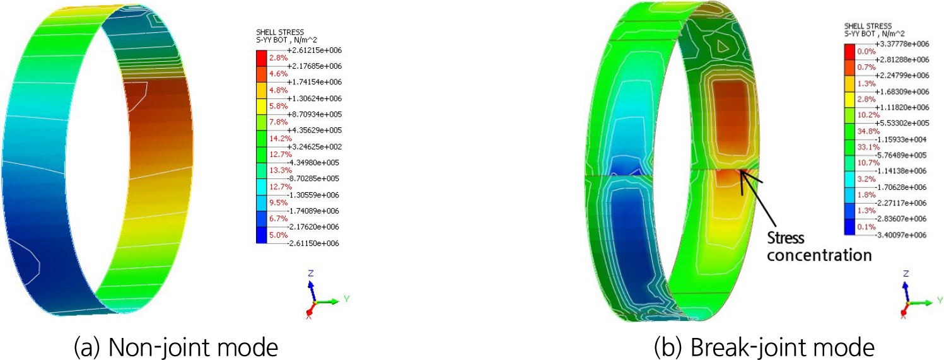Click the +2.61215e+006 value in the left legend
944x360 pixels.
point(315,50)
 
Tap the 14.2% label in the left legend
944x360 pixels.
point(279,138)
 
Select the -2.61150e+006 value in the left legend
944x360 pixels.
point(313,243)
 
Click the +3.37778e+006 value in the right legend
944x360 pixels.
point(902,44)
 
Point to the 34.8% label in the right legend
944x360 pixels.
point(866,131)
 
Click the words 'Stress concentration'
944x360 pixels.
point(819,247)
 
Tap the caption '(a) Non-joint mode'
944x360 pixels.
point(176,347)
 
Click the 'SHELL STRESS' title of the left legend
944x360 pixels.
point(280,32)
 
